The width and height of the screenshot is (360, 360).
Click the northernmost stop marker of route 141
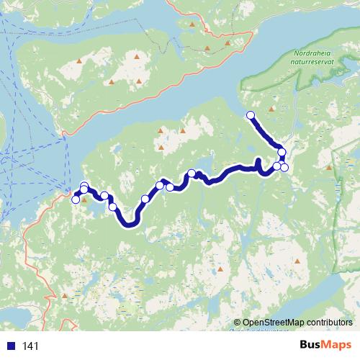pyautogui.click(x=251, y=115)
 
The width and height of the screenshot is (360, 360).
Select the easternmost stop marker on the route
pyautogui.click(x=284, y=167)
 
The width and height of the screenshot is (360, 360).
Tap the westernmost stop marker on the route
pyautogui.click(x=76, y=199)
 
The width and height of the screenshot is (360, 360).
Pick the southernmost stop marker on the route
pyautogui.click(x=112, y=207)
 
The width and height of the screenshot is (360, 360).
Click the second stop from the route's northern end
pyautogui.click(x=282, y=152)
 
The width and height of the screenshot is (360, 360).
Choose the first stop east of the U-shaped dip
pyautogui.click(x=145, y=199)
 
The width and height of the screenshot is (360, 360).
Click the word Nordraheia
pyautogui.click(x=315, y=53)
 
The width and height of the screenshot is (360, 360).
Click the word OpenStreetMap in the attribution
pyautogui.click(x=269, y=322)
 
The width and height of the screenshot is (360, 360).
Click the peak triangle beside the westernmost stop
pyautogui.click(x=84, y=200)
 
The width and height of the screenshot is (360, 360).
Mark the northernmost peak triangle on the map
pyautogui.click(x=192, y=24)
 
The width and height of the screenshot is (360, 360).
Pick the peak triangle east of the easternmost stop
pyautogui.click(x=328, y=168)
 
